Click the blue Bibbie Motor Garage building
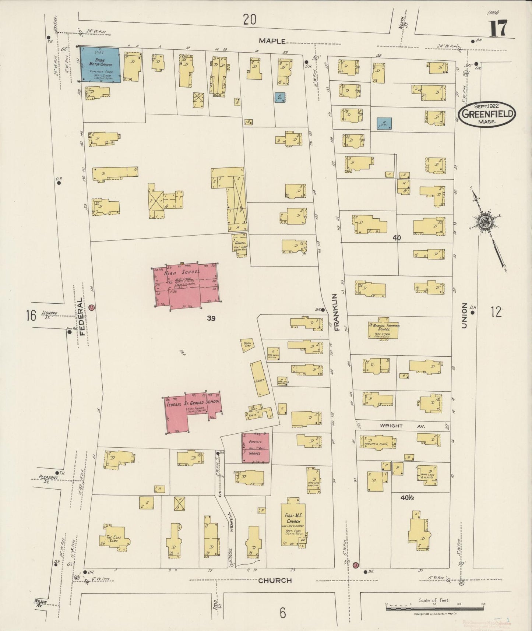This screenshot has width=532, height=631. click(100, 65)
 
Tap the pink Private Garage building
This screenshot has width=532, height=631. click(255, 447)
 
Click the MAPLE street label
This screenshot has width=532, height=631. click(272, 41)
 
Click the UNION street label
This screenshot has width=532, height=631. click(464, 316)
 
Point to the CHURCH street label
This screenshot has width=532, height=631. click(275, 581)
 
